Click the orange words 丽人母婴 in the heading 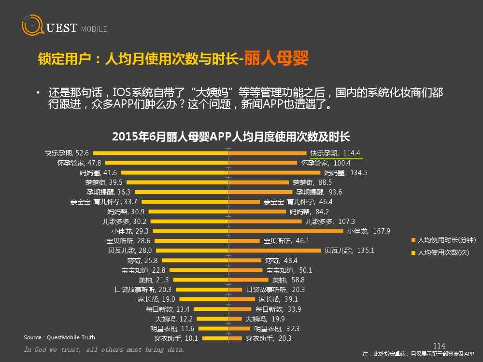[x=276, y=59]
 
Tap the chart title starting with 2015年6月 [x=230, y=137]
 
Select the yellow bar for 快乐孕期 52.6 [x=159, y=153]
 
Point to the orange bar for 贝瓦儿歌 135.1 [x=274, y=251]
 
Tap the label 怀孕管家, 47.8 [x=79, y=163]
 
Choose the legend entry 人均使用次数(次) [x=443, y=252]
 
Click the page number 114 [x=439, y=346]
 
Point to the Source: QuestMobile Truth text [x=59, y=337]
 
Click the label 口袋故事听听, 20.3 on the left [x=143, y=290]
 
